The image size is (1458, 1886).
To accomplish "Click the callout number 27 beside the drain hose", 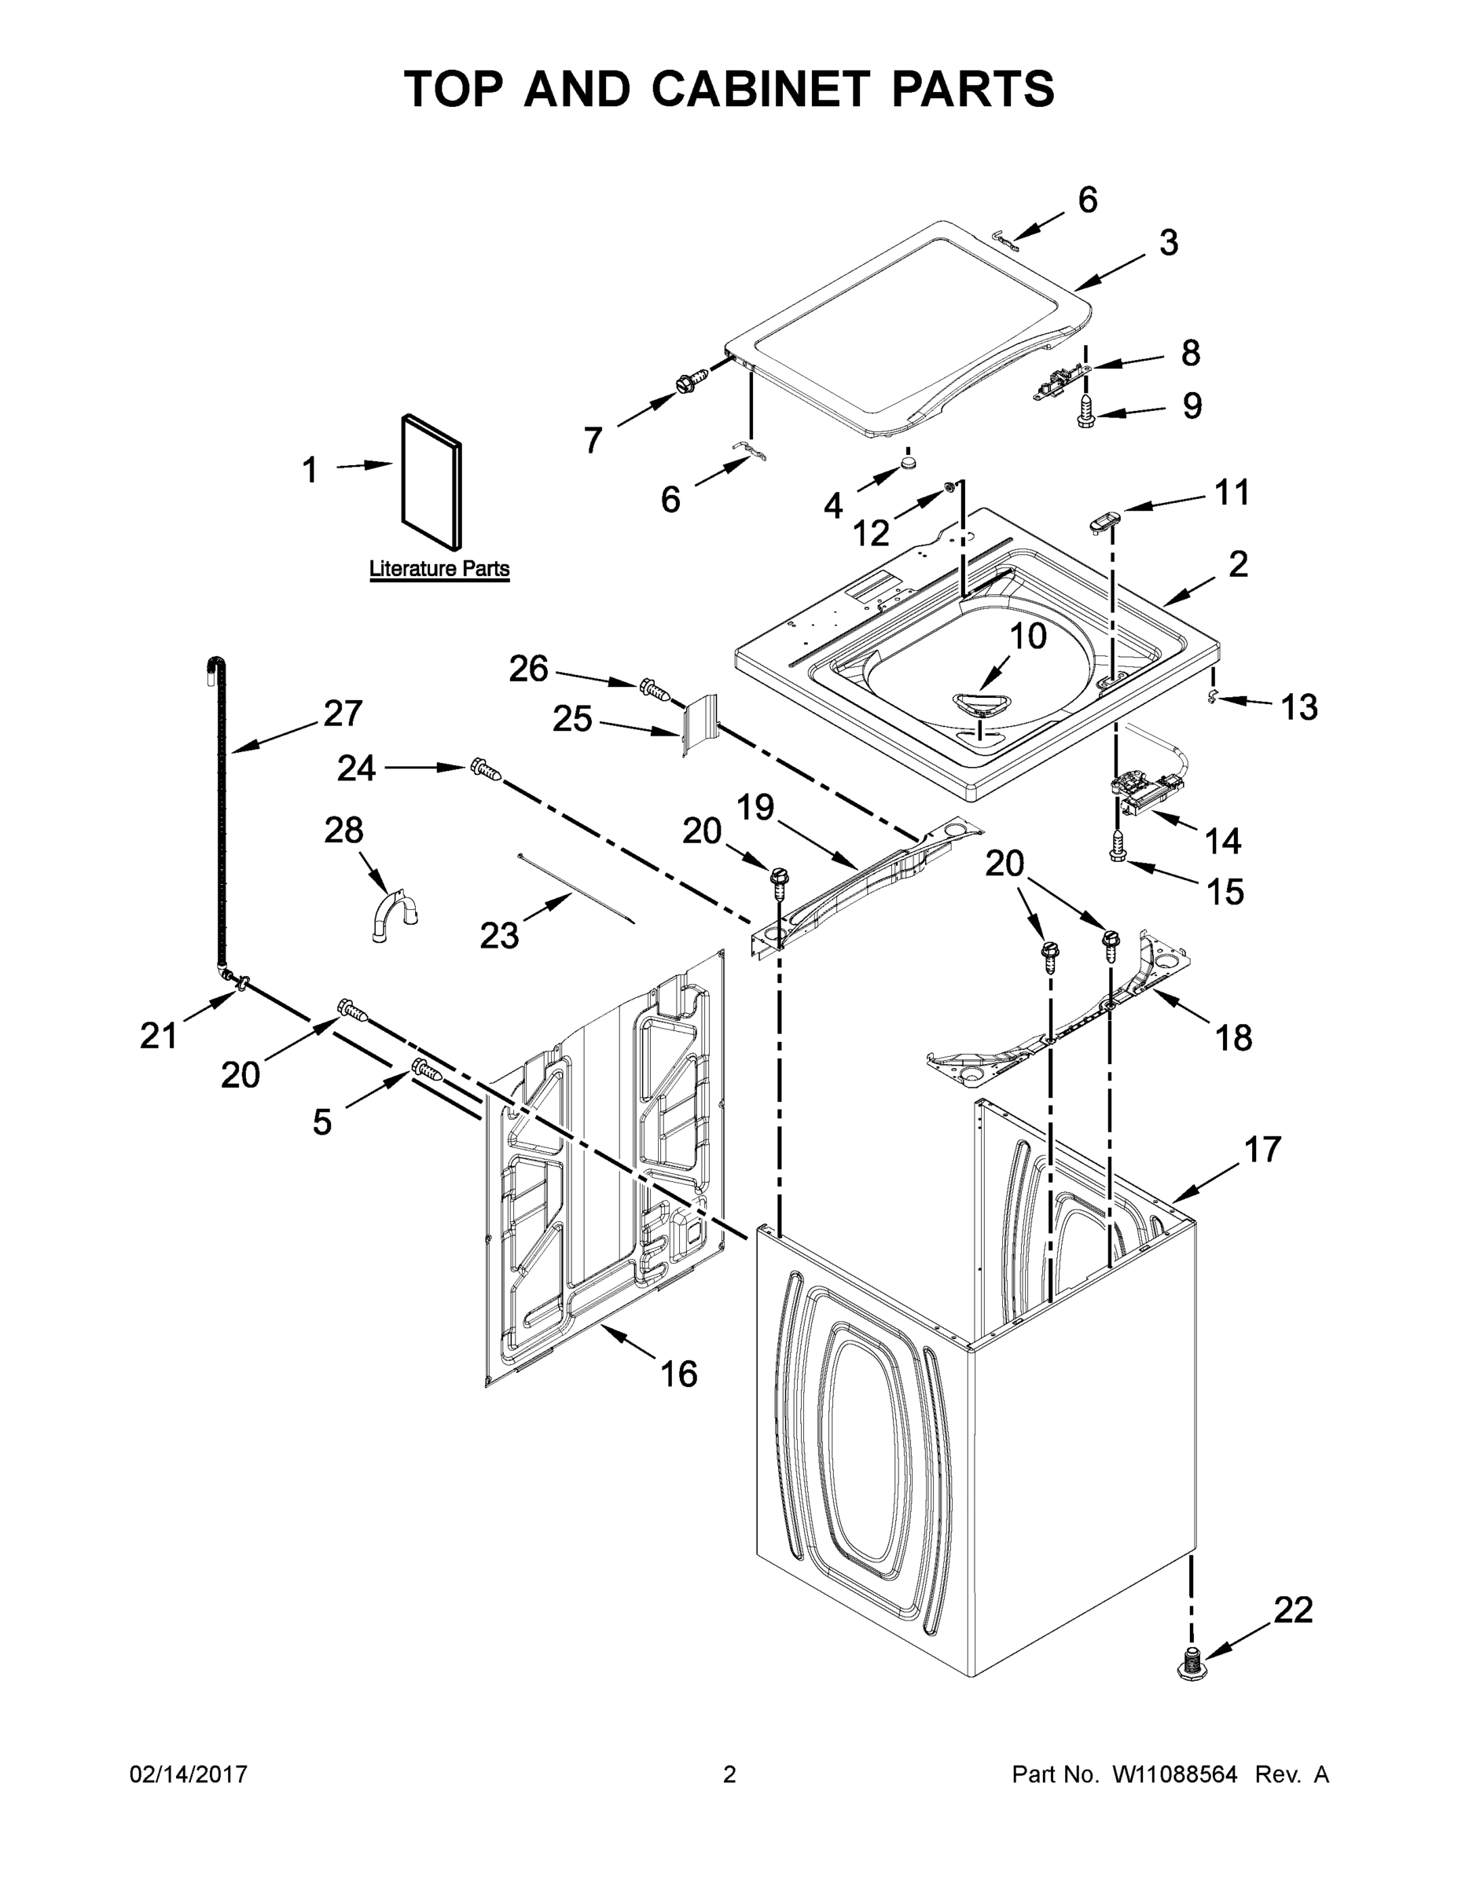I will point(343,713).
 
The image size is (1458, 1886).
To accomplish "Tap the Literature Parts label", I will point(439,569).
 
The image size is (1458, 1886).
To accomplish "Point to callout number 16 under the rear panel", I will point(678,1374).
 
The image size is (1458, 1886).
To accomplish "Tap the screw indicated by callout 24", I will point(485,769).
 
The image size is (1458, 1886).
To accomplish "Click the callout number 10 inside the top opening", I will point(1028,637).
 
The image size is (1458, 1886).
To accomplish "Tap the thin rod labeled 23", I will point(577,890).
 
